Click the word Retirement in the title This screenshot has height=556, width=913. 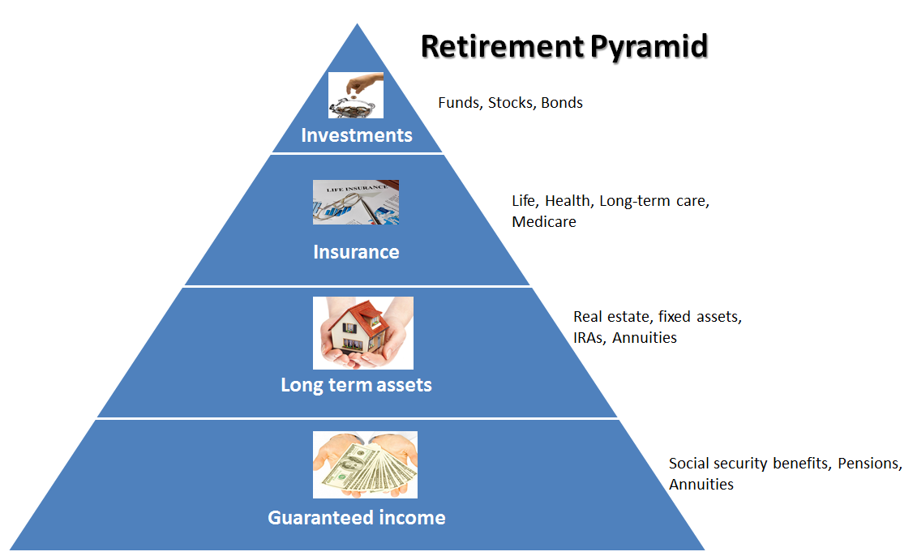[x=493, y=46]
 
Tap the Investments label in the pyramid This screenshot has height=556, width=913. [x=356, y=135]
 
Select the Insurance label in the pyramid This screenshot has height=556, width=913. [x=356, y=252]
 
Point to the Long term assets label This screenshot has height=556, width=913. [x=356, y=385]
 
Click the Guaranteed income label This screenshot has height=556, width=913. [x=357, y=517]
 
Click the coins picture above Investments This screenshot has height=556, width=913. [x=355, y=96]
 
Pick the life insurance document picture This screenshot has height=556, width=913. [x=356, y=202]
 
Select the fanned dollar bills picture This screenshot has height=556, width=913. [x=365, y=464]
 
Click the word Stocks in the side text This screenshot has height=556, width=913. [x=510, y=103]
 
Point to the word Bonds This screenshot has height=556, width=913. [x=562, y=103]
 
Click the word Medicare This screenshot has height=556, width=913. [x=543, y=221]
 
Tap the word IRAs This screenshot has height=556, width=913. [x=589, y=337]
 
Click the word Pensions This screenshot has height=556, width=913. [x=869, y=464]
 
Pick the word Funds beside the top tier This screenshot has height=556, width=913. [x=459, y=103]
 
